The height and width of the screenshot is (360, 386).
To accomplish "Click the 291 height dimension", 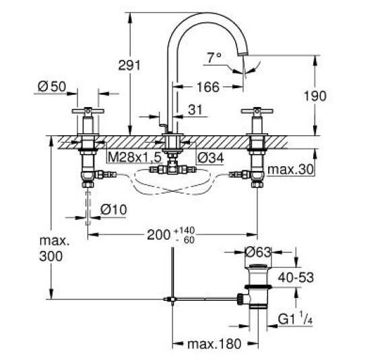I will tap(128, 65).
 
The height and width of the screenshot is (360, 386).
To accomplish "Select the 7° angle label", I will tap(214, 59).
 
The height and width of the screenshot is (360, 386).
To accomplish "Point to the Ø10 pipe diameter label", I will tap(114, 211).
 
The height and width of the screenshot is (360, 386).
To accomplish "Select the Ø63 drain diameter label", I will tap(259, 253).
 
